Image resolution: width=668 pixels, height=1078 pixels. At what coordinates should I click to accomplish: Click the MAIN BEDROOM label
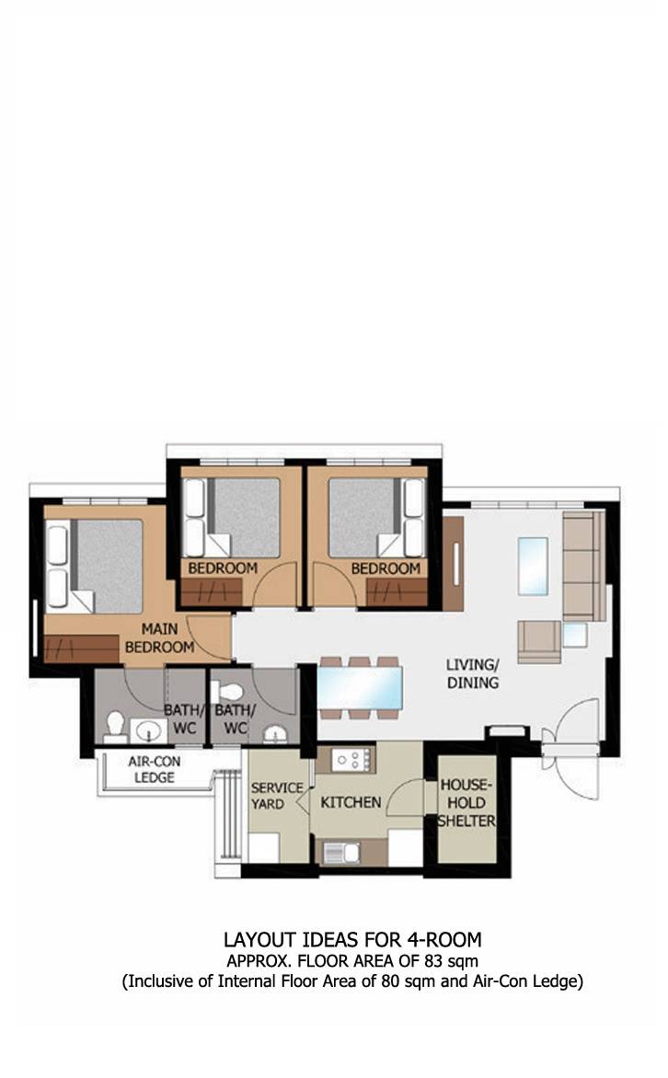point(159,638)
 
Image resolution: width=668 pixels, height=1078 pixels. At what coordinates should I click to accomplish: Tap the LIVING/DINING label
point(473,673)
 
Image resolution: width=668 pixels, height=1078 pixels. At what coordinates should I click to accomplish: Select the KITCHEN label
point(351,802)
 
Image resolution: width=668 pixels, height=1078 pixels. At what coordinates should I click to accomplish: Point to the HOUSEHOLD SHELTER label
point(467,802)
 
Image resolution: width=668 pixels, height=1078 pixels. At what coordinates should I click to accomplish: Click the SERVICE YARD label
point(277,796)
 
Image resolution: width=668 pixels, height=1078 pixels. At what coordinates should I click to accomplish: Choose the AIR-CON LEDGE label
point(154,769)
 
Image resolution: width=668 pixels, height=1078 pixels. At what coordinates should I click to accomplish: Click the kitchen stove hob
point(353,760)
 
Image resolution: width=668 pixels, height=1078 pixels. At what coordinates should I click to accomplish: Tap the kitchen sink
point(340,853)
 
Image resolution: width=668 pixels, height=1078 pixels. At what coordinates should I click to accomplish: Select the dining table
point(359,687)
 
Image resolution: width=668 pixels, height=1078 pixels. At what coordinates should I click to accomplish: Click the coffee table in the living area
point(533,566)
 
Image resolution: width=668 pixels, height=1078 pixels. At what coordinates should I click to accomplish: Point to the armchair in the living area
point(539,642)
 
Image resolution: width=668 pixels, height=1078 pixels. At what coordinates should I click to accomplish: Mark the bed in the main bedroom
point(95,566)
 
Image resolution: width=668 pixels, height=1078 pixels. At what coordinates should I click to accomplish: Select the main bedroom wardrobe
point(81,649)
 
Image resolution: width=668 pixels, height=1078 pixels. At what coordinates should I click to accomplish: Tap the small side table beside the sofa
point(574,636)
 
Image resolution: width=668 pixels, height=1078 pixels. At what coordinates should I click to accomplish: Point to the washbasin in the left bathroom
point(148,730)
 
